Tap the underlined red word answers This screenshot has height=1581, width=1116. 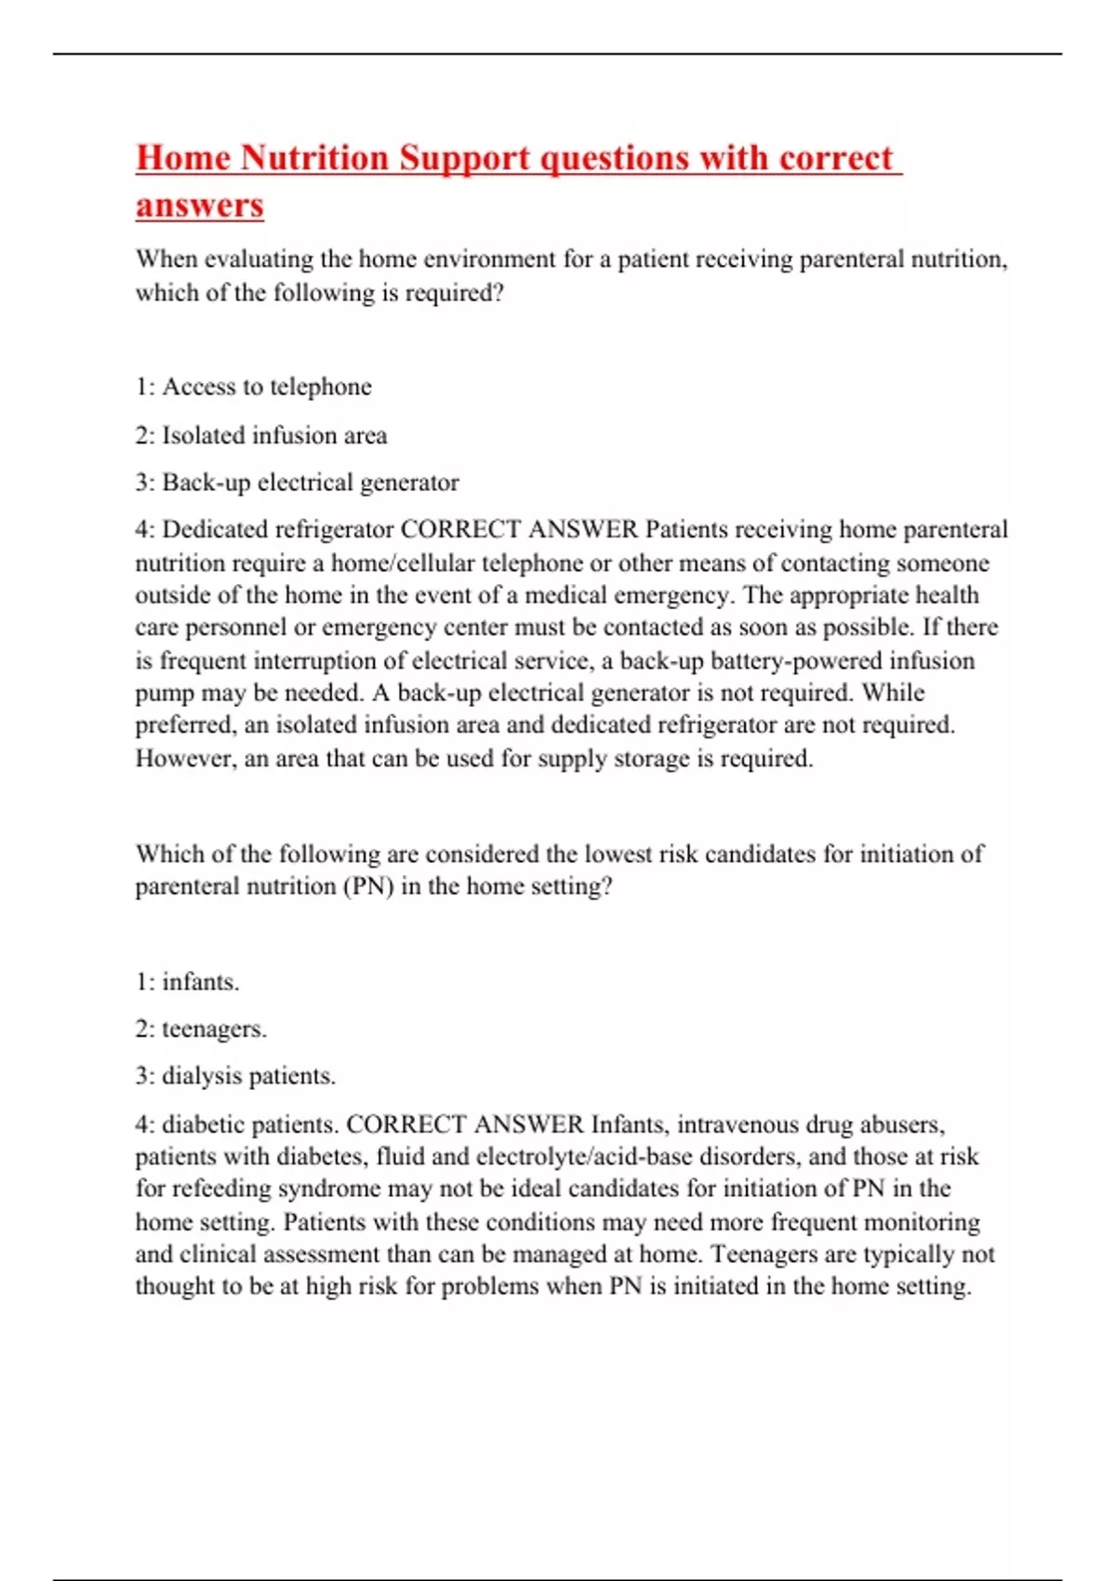coord(199,206)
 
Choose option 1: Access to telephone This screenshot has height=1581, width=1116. coord(253,387)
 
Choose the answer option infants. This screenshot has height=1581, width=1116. coord(200,983)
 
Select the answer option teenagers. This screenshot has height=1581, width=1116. coord(214,1030)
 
